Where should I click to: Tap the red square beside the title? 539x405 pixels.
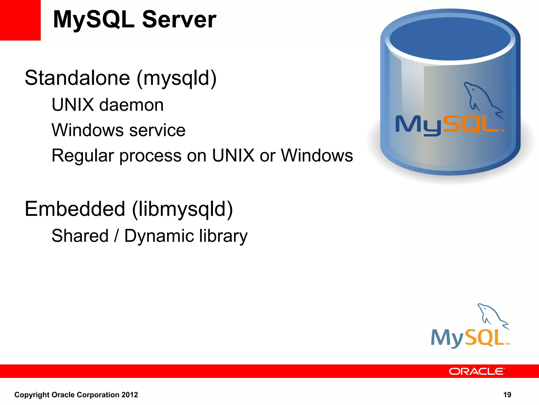[20, 20]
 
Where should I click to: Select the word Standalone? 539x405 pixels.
[77, 78]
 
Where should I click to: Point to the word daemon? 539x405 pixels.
[131, 105]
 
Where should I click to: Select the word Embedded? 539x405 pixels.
[75, 209]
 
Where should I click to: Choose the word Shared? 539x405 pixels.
[80, 236]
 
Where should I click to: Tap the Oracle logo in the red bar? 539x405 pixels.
[477, 372]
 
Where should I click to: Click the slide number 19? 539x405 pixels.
[507, 395]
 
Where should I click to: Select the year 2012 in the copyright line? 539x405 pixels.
[129, 395]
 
